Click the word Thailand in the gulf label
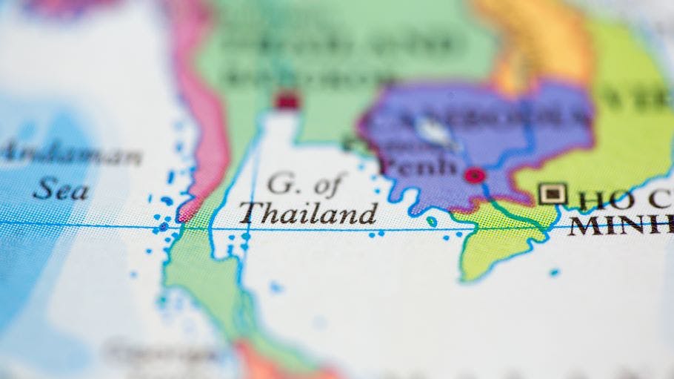(307, 214)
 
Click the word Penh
(419, 166)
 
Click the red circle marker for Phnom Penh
(474, 176)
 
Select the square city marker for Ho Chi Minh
(552, 194)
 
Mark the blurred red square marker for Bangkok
(286, 100)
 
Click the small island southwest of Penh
(431, 221)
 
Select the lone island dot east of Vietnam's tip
(554, 272)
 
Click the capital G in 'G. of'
(279, 182)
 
